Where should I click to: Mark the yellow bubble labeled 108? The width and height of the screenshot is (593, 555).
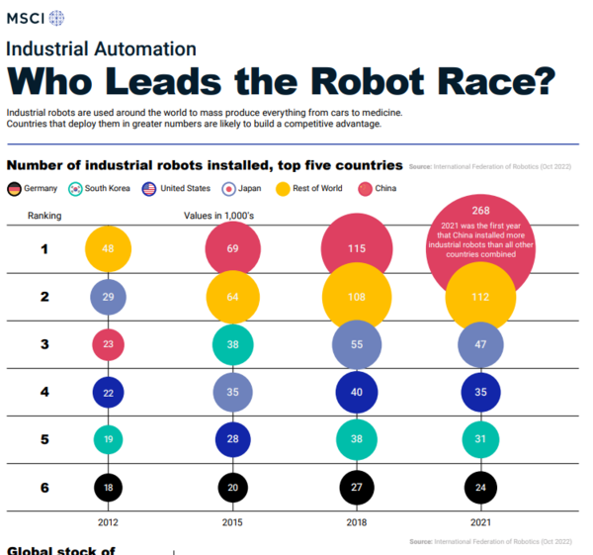point(356,297)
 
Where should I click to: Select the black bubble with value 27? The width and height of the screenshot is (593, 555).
point(356,487)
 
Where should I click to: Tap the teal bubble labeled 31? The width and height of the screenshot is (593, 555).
point(481,439)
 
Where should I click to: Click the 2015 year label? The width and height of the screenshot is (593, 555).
point(233,521)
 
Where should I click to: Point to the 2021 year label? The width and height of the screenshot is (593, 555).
point(481,521)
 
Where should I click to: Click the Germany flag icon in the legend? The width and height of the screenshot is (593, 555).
point(15,188)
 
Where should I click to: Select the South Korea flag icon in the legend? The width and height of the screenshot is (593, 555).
point(75,188)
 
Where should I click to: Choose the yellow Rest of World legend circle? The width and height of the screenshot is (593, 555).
point(282,188)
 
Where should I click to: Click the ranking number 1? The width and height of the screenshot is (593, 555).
point(44,248)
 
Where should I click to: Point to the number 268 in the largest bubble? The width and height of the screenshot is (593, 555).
point(481,211)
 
